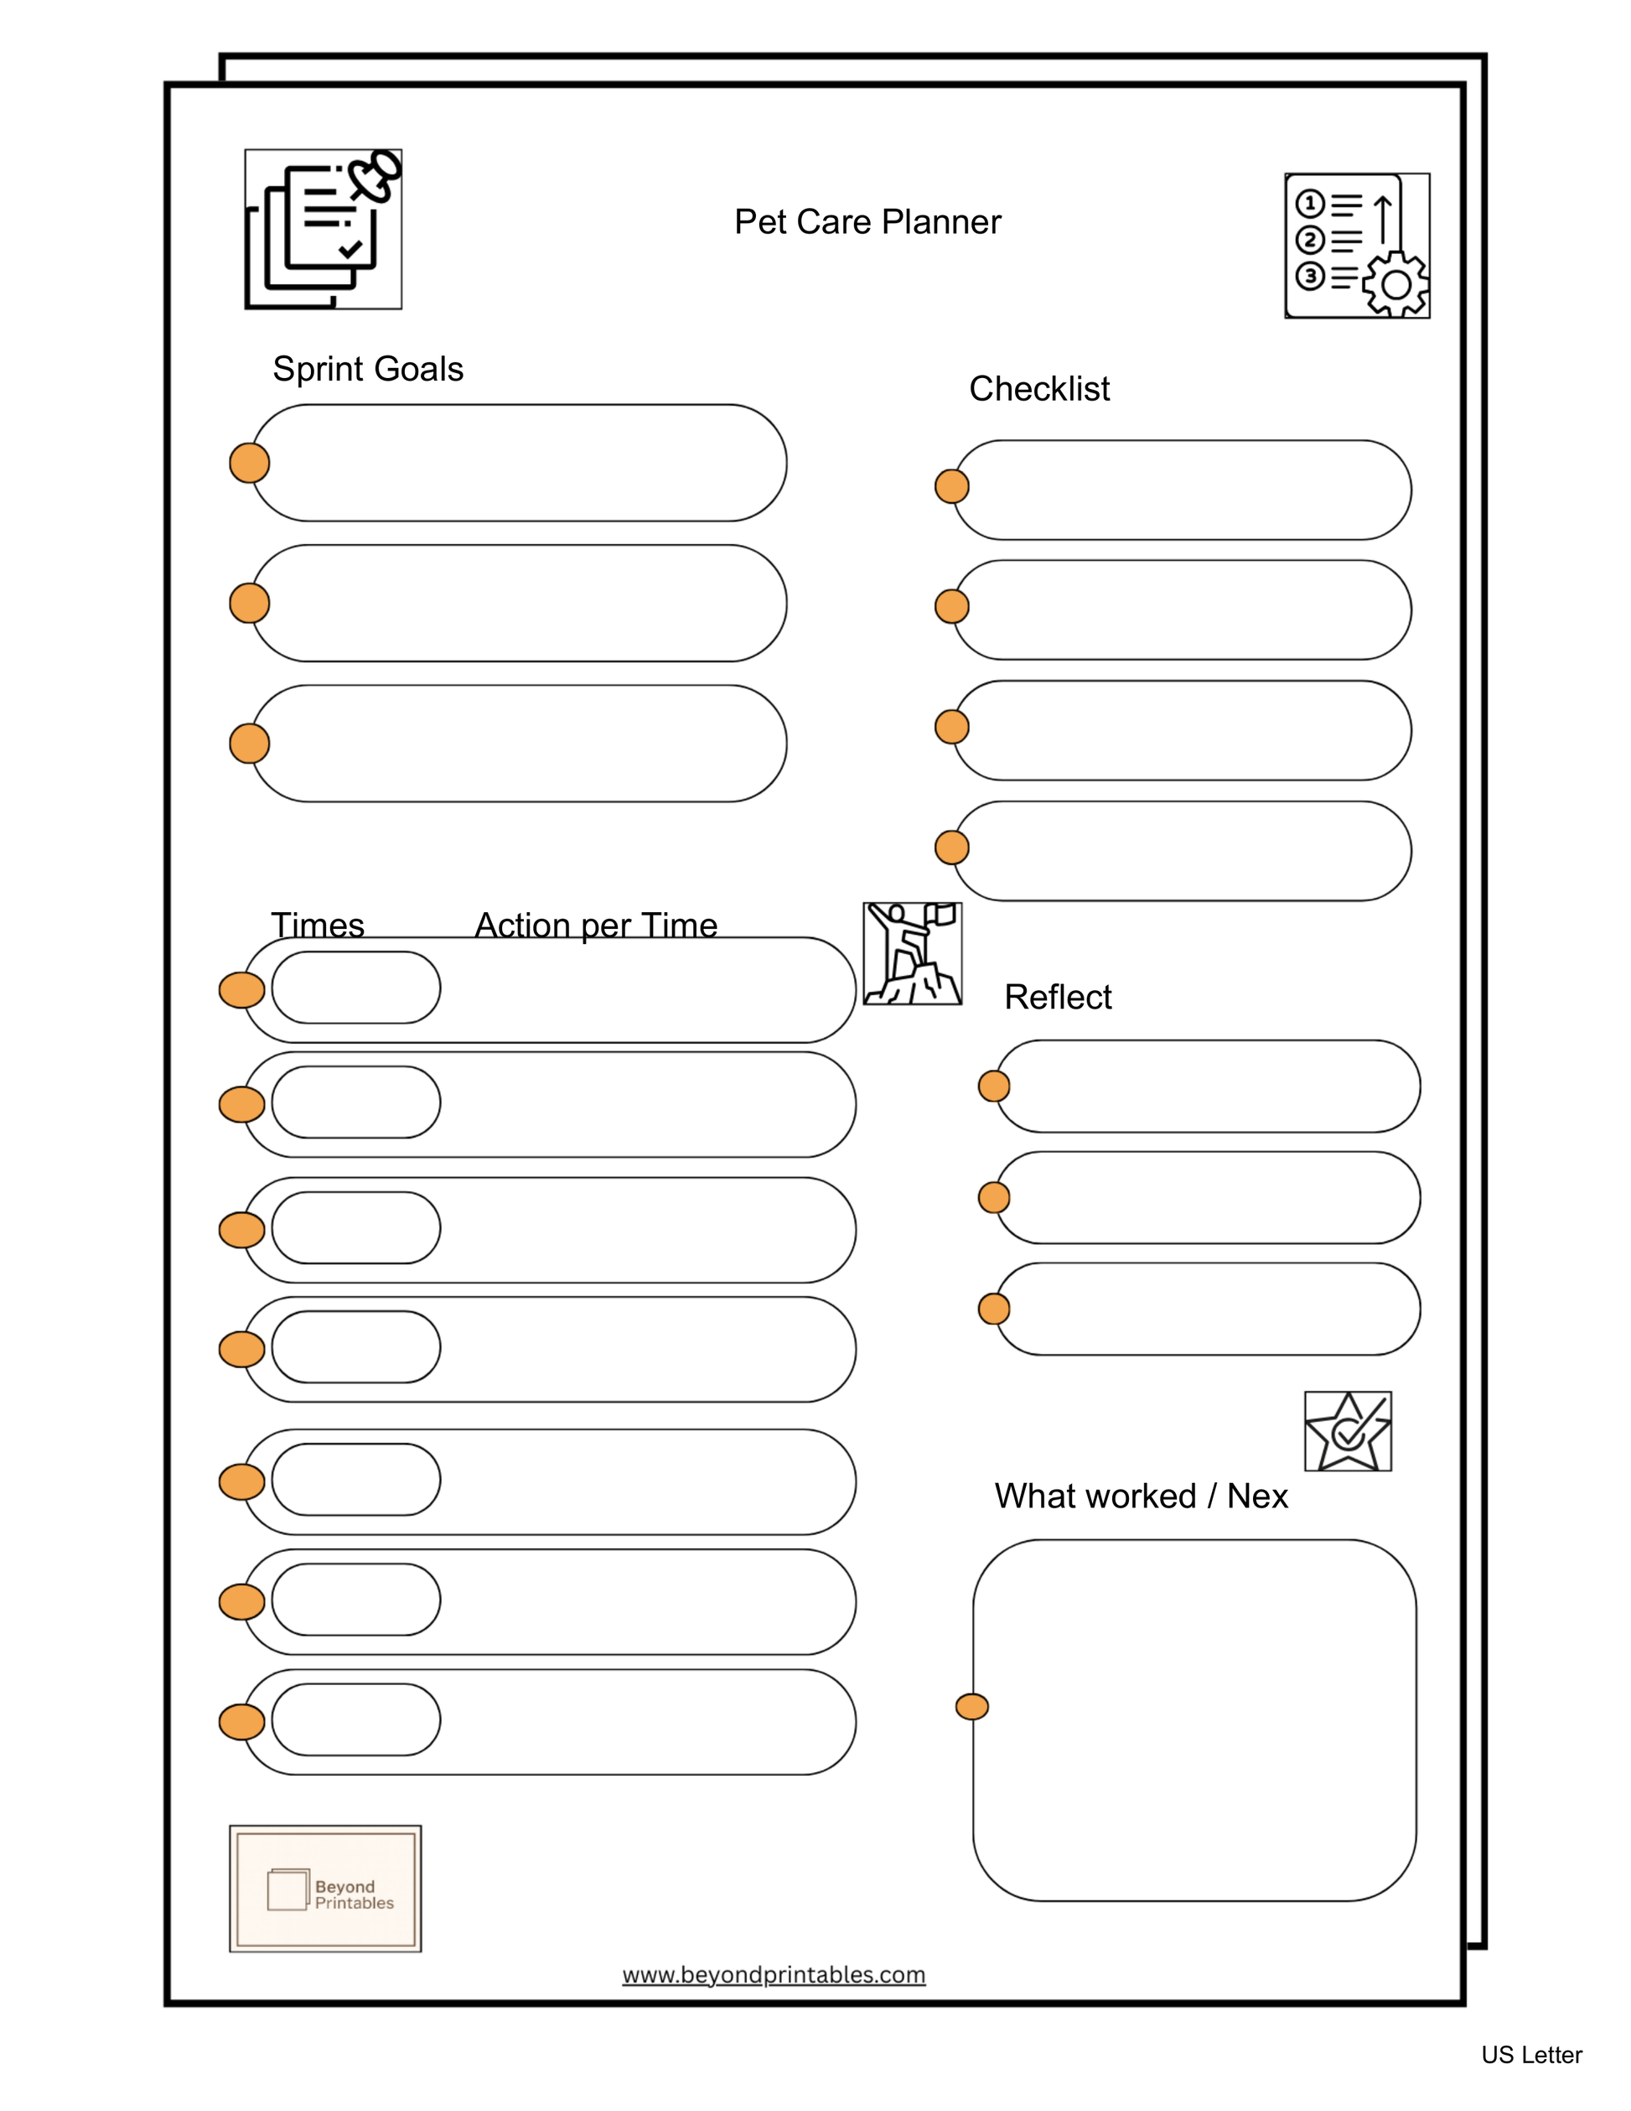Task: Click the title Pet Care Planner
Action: pyautogui.click(x=867, y=222)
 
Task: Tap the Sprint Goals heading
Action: pyautogui.click(x=367, y=369)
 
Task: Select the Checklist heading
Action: pyautogui.click(x=1038, y=388)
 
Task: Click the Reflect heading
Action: pyautogui.click(x=1057, y=997)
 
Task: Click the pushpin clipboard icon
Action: pyautogui.click(x=323, y=229)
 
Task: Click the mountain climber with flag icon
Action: pyautogui.click(x=911, y=953)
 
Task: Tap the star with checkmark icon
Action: pyautogui.click(x=1347, y=1430)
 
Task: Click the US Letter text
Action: pyautogui.click(x=1530, y=2055)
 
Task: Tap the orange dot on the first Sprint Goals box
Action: pyautogui.click(x=249, y=463)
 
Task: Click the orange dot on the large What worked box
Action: pyautogui.click(x=971, y=1707)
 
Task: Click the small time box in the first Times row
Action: pyautogui.click(x=355, y=987)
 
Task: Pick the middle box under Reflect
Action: pyautogui.click(x=1208, y=1196)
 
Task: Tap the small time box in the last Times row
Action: pyautogui.click(x=355, y=1719)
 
